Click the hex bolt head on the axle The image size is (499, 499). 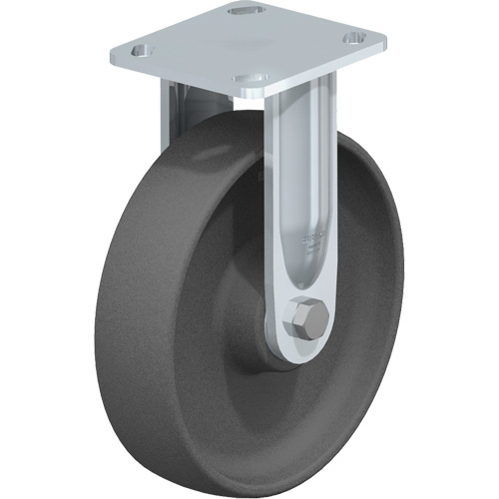[x=304, y=321]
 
